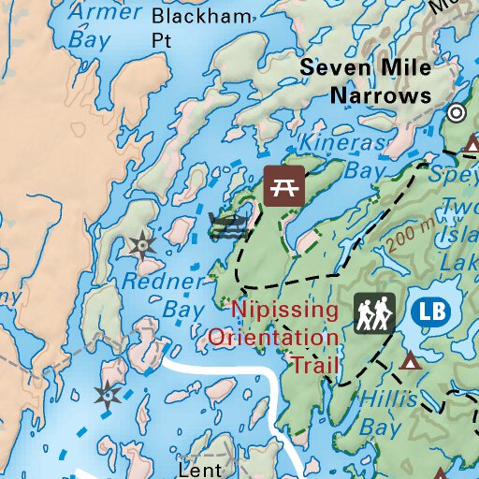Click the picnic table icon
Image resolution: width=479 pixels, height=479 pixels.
(283, 185)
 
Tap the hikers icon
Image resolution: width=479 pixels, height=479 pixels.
(375, 312)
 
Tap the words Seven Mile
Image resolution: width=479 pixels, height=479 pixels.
(366, 69)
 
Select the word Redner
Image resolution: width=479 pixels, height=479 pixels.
(164, 282)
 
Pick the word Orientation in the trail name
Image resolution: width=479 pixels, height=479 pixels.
(273, 337)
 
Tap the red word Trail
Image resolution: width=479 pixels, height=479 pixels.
(312, 363)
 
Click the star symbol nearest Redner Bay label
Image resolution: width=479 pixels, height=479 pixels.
(141, 246)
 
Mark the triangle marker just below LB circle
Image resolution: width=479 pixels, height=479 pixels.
(410, 360)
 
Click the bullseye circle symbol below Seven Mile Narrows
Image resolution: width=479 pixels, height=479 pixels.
(457, 113)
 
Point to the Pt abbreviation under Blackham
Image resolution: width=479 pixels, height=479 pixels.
(163, 40)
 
